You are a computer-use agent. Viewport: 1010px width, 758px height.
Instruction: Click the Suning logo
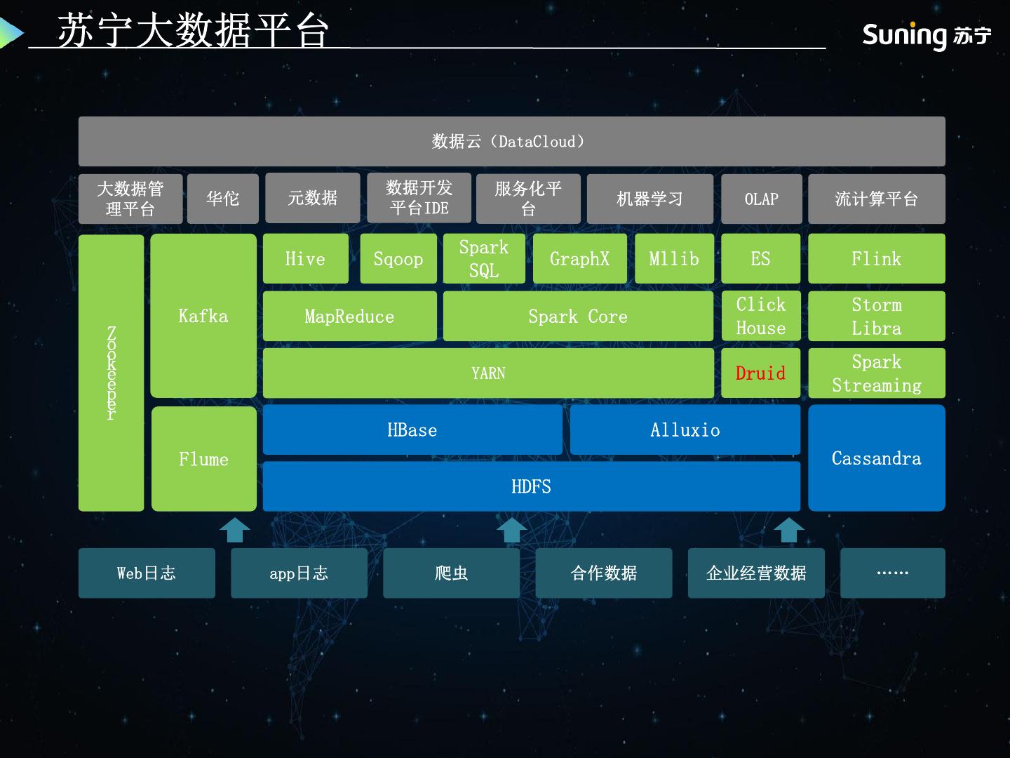(926, 34)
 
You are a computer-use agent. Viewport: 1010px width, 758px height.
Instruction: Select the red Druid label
(760, 373)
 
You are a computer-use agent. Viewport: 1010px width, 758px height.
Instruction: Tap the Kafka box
(203, 316)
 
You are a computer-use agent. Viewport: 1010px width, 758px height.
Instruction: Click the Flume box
(203, 459)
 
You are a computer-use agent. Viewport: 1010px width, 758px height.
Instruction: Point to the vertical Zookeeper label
(111, 373)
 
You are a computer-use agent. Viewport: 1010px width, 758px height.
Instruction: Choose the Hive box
(305, 259)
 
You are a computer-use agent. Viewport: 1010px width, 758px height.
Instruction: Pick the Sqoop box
(398, 259)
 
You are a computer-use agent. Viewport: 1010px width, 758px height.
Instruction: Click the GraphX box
(579, 259)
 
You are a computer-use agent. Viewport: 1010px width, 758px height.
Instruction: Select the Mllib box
(674, 259)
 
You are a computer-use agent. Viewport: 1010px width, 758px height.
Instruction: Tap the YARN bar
(488, 373)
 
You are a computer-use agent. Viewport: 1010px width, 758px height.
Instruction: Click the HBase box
(412, 430)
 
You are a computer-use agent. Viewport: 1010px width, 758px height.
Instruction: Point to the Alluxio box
(685, 430)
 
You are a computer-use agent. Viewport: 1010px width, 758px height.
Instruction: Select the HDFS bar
(531, 486)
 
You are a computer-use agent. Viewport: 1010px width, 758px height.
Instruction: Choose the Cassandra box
(876, 458)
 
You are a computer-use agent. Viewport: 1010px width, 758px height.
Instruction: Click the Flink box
(876, 259)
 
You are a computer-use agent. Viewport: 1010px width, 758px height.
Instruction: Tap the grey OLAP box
(761, 199)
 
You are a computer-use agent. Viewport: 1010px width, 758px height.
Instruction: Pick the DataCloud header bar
(511, 142)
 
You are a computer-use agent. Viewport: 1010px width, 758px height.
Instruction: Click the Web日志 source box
(147, 573)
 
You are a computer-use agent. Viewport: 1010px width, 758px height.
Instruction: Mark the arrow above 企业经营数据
(789, 530)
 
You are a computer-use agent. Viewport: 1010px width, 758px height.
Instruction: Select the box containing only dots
(892, 573)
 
